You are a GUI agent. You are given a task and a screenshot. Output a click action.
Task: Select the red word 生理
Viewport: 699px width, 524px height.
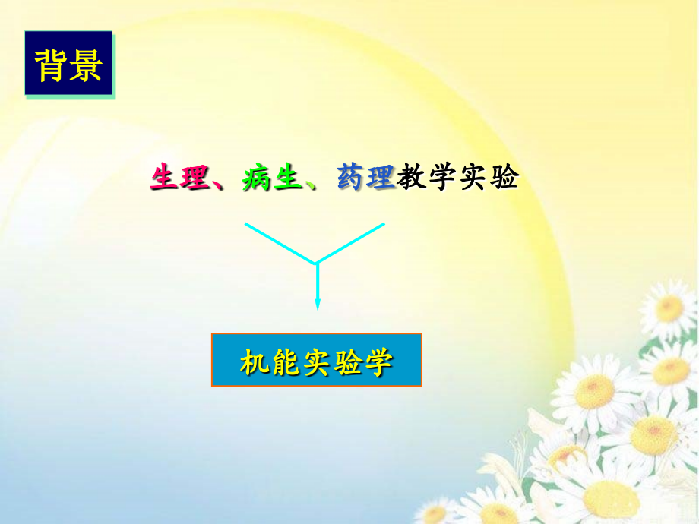[x=179, y=178]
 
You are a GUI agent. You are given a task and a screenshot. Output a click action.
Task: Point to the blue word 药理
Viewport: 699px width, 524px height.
[x=366, y=178]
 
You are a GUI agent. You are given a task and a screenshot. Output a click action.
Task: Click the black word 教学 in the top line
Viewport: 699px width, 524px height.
[x=428, y=178]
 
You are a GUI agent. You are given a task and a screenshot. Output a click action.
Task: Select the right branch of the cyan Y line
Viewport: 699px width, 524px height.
[x=351, y=243]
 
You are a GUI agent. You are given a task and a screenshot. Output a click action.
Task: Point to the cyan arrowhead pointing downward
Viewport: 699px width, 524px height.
[x=317, y=304]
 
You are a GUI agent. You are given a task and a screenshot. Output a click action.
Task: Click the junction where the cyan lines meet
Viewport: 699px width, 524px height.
[x=316, y=263]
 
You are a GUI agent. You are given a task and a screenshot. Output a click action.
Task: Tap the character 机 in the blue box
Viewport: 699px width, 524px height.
[x=255, y=361]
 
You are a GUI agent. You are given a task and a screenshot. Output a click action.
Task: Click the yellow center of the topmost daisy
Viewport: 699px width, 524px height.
[x=669, y=308]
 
